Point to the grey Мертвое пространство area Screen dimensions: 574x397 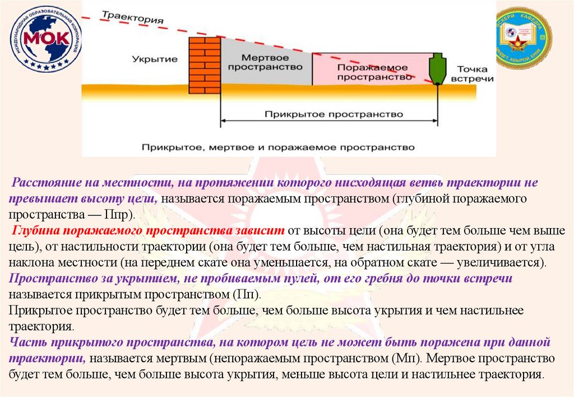pos(266,63)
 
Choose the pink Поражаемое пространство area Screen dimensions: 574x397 pos(374,71)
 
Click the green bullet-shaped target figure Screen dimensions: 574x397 pos(437,68)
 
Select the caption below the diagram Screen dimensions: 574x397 pos(277,147)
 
